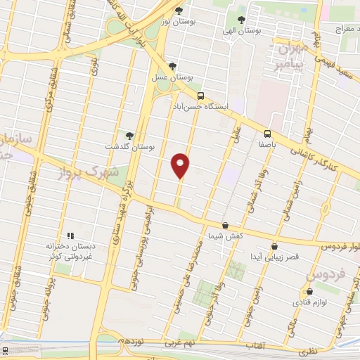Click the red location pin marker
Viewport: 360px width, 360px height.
pyautogui.click(x=181, y=165)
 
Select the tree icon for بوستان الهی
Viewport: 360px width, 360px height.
pyautogui.click(x=242, y=20)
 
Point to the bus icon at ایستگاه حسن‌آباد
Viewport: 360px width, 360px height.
pyautogui.click(x=201, y=96)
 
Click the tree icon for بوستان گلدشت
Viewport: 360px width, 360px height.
pyautogui.click(x=129, y=135)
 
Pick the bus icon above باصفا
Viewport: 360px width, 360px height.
pyautogui.click(x=268, y=133)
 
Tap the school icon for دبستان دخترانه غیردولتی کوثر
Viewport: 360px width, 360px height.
pyautogui.click(x=70, y=236)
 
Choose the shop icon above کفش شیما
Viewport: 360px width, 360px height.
pyautogui.click(x=225, y=226)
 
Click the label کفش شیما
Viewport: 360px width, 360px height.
pyautogui.click(x=225, y=237)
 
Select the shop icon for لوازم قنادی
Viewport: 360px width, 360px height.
pyautogui.click(x=309, y=291)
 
